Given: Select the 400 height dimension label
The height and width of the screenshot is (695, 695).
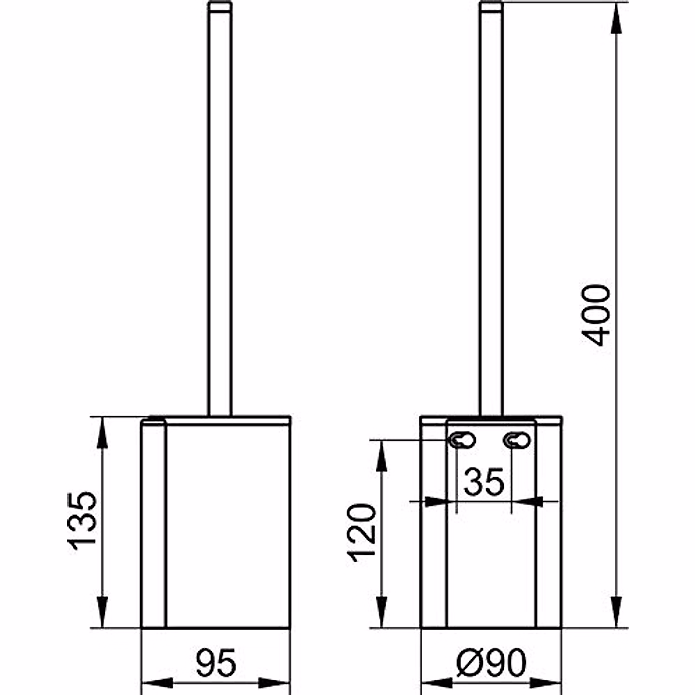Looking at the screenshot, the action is pos(595,316).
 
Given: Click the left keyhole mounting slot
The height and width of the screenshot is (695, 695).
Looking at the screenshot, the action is pos(462,440).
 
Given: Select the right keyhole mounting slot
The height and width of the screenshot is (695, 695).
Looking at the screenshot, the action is pos(517,440).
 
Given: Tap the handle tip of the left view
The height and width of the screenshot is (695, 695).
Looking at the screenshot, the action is pos(220,6).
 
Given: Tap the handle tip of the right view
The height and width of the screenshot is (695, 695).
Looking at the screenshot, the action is pos(491,6).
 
